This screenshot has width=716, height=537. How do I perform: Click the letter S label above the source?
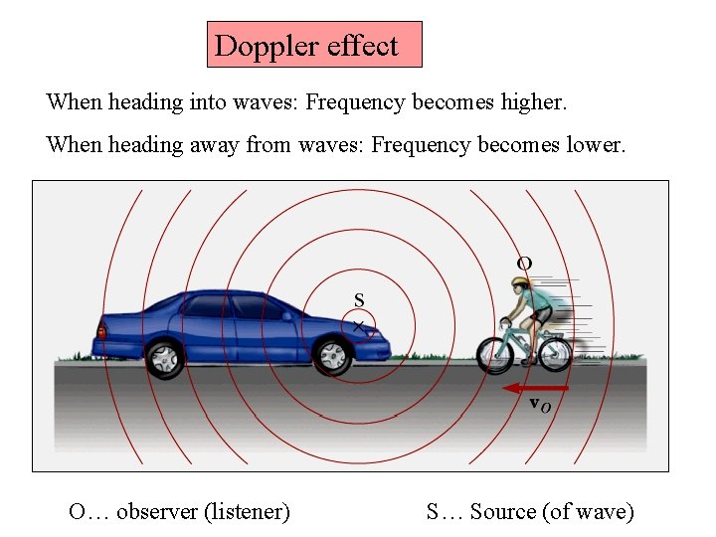coord(359,299)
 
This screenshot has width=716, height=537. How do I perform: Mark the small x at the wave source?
coord(359,325)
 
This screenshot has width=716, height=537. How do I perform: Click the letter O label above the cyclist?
coord(524,263)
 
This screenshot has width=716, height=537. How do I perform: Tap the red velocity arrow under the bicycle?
coord(536,387)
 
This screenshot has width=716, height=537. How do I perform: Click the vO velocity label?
coord(539,405)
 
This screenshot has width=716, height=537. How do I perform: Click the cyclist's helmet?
coord(521,284)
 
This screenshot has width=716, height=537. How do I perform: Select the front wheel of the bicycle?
coord(494,353)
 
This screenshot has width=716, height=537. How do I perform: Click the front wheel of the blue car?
coord(332,356)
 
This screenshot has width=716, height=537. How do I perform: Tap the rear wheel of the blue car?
coord(164,358)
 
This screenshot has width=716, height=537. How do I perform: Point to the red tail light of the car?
coord(101,331)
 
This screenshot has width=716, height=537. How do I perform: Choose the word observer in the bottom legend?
coord(157,512)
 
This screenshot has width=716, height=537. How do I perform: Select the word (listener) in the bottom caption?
coord(247,512)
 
